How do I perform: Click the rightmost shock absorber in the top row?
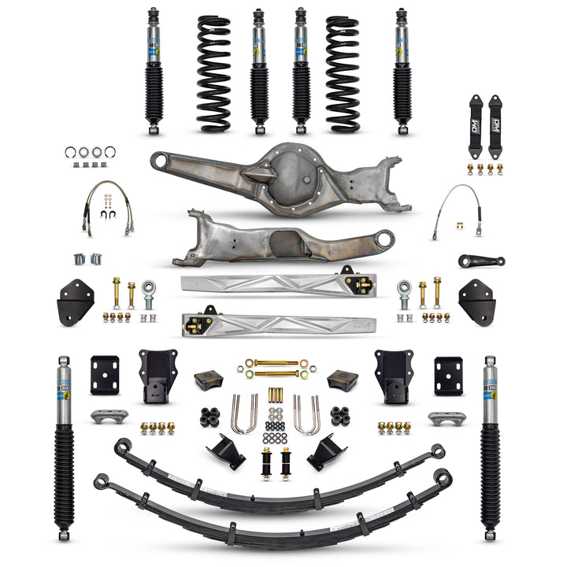(x=402, y=71)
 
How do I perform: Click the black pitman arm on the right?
(x=481, y=261)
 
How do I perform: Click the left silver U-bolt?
(x=243, y=414)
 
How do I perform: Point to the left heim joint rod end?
(x=148, y=292)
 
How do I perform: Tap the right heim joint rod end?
(x=405, y=292)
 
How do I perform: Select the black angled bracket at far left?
(x=76, y=301)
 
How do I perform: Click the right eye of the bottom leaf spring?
(x=443, y=477)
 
